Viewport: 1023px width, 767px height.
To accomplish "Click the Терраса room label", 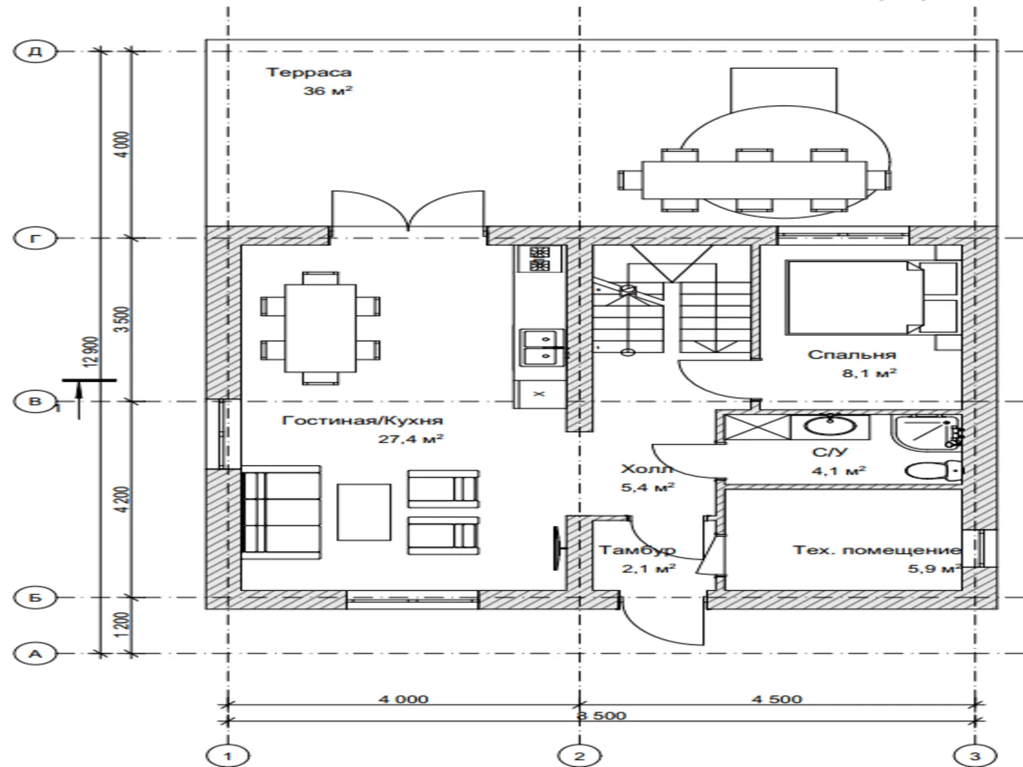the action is (308, 72).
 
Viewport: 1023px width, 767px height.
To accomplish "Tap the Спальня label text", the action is (852, 355).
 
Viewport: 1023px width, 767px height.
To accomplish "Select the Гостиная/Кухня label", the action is (362, 420).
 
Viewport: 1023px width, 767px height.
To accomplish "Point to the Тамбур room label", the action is (637, 550).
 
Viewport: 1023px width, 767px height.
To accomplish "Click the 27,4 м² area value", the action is (411, 439).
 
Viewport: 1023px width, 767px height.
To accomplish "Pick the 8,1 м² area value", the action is (870, 373).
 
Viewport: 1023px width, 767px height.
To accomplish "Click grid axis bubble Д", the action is (35, 50).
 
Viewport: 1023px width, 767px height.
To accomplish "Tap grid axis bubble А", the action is (35, 654).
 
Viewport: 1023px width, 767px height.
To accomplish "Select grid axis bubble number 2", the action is (579, 756).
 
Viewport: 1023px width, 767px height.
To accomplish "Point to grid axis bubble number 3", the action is (975, 756).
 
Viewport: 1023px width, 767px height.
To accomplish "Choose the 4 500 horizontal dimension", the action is (776, 700).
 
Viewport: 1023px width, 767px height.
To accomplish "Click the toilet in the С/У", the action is (933, 470).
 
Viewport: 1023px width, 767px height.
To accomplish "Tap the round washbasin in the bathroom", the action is (830, 426).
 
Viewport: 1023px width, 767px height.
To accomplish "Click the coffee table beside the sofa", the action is (364, 512).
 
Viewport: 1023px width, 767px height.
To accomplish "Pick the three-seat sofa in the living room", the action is (281, 512).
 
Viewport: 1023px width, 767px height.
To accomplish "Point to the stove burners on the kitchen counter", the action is (541, 259).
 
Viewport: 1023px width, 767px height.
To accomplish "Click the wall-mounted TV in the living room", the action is (558, 548).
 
